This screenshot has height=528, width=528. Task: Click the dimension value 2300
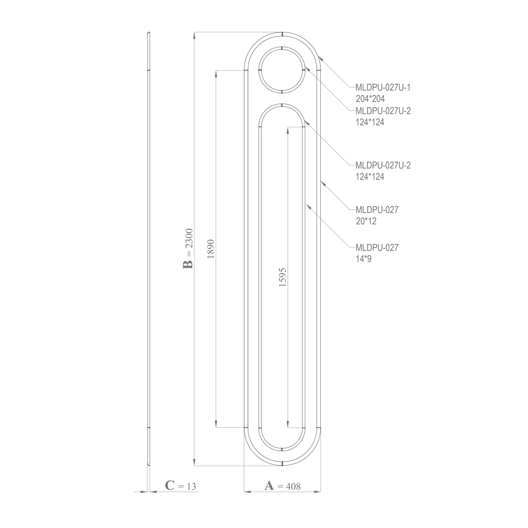pos(189,239)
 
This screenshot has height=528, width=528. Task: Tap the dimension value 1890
pos(211,249)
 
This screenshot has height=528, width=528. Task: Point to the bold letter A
pos(269,486)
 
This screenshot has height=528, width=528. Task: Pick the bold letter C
pos(169,486)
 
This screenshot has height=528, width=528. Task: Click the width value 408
pos(293,486)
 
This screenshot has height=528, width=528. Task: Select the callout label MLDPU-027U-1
pos(383,88)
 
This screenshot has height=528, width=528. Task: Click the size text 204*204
pos(370,98)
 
